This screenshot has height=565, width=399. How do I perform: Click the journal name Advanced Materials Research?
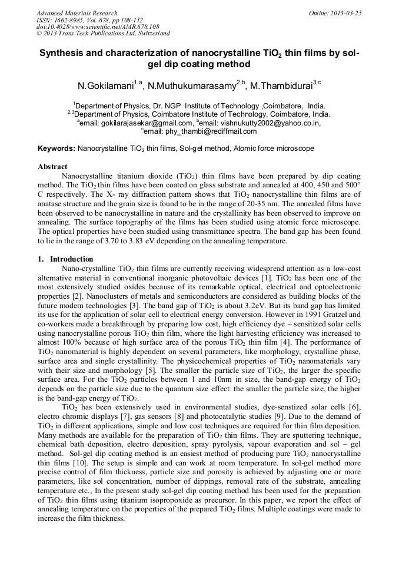click(x=77, y=13)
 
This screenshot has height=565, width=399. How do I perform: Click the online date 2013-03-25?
click(x=344, y=13)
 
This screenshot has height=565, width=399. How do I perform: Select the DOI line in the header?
click(x=98, y=27)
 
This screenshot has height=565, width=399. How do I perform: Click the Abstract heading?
click(x=52, y=167)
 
